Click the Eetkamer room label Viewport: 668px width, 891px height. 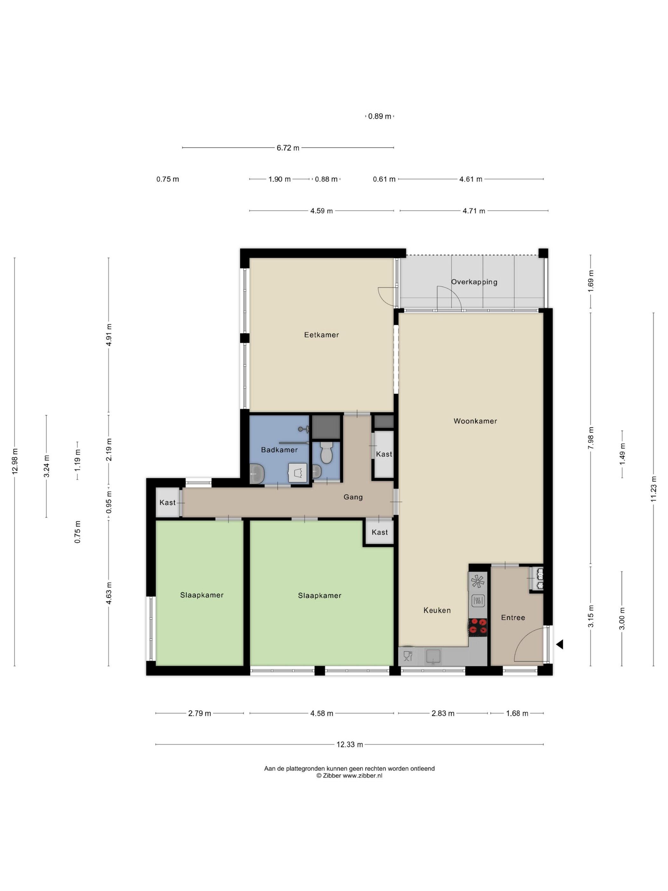click(x=321, y=335)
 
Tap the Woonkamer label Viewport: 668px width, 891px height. click(x=475, y=421)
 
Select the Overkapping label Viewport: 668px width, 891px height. click(x=474, y=282)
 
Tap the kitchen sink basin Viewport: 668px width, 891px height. click(x=433, y=656)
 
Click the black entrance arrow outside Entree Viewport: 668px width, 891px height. click(x=559, y=644)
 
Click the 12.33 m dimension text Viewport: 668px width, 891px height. click(x=350, y=744)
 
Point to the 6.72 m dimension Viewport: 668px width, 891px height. click(x=288, y=148)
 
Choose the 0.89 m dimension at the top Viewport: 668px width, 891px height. click(x=380, y=116)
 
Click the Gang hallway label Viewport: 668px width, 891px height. click(x=353, y=497)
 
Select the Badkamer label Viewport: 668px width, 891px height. click(x=279, y=450)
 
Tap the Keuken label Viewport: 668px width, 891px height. click(x=437, y=610)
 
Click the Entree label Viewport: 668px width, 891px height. click(x=513, y=618)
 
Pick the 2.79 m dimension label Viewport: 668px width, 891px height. click(x=200, y=713)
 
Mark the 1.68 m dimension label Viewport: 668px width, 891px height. click(x=517, y=713)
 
